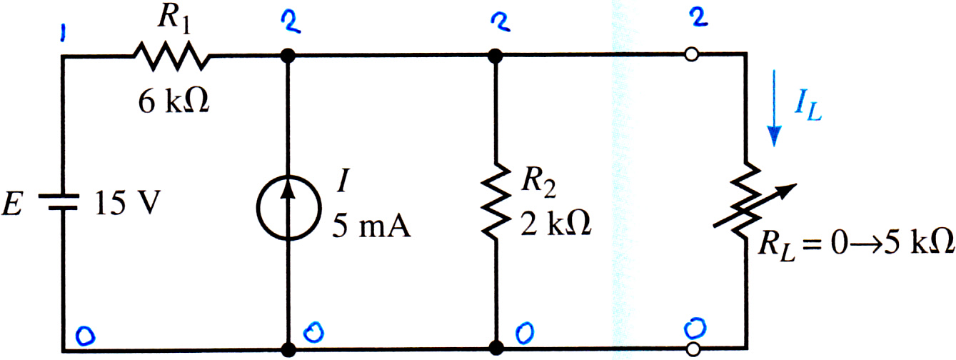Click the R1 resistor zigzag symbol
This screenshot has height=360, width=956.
click(x=171, y=56)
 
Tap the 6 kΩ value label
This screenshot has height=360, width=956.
click(x=173, y=101)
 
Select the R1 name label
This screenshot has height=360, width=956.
click(x=173, y=19)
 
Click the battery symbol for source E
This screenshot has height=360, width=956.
click(x=59, y=202)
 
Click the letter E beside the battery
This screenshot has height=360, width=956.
click(x=11, y=204)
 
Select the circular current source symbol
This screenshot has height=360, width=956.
click(x=288, y=208)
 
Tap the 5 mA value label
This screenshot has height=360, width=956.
click(x=371, y=226)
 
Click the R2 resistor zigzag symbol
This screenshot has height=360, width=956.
click(x=495, y=200)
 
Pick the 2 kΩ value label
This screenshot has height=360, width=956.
click(x=555, y=224)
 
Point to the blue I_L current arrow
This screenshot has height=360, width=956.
click(x=774, y=109)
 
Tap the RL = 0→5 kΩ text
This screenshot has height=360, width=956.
click(x=855, y=246)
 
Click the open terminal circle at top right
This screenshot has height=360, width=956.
click(x=692, y=55)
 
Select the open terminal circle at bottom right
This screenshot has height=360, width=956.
click(x=693, y=349)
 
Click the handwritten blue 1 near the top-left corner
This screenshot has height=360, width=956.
click(x=63, y=34)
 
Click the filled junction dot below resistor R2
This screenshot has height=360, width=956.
click(x=495, y=348)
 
